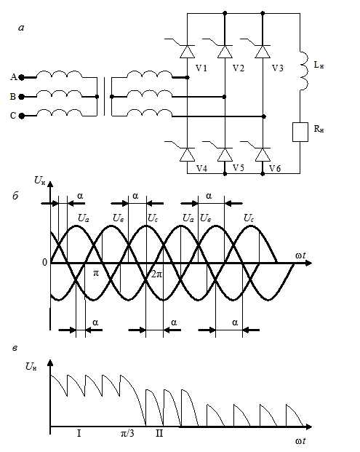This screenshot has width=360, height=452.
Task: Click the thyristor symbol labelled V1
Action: click(x=187, y=52)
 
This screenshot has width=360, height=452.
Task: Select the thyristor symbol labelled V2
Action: click(x=225, y=52)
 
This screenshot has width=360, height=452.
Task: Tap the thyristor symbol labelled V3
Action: click(x=263, y=52)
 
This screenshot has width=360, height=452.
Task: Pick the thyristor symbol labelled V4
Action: click(x=187, y=155)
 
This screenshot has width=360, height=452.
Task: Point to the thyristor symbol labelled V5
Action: click(x=225, y=155)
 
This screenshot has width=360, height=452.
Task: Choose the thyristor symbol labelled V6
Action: click(x=263, y=155)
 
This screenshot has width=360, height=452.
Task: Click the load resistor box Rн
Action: click(x=300, y=132)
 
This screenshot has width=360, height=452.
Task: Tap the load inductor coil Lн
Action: click(x=303, y=71)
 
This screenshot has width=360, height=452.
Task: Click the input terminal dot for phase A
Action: click(x=21, y=78)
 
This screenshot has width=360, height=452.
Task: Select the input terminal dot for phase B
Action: click(x=21, y=97)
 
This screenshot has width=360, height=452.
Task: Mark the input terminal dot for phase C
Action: click(x=21, y=116)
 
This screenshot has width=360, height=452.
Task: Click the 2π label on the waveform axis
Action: click(x=157, y=274)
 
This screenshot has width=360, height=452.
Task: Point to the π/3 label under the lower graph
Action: click(x=127, y=433)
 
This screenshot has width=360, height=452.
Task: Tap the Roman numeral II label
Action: click(x=159, y=433)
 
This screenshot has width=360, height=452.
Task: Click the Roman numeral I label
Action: click(x=79, y=433)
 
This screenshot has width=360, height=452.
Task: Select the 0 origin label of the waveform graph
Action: click(x=44, y=262)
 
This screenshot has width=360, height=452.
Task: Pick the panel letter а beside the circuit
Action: click(x=21, y=28)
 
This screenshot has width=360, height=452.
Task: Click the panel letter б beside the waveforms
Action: click(x=15, y=196)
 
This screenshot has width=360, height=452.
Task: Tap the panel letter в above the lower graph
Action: click(x=15, y=349)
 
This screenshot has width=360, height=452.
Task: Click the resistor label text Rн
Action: click(x=319, y=129)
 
